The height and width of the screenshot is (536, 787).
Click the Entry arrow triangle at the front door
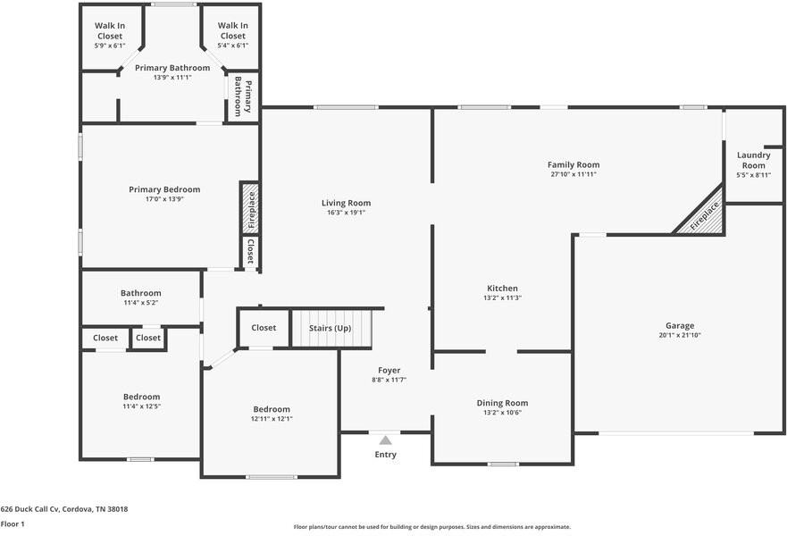pyautogui.click(x=385, y=440)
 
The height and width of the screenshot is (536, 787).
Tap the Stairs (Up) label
pyautogui.click(x=330, y=328)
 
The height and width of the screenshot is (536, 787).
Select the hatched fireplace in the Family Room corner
pyautogui.click(x=701, y=214)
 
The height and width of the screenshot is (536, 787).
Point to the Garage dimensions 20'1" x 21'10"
pyautogui.click(x=680, y=335)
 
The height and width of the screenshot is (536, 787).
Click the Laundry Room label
pyautogui.click(x=753, y=160)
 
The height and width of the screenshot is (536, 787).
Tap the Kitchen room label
pyautogui.click(x=502, y=288)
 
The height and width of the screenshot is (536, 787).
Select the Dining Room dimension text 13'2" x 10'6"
pyautogui.click(x=502, y=413)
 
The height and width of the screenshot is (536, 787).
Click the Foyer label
pyautogui.click(x=389, y=371)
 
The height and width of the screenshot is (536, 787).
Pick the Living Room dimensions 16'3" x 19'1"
pyautogui.click(x=346, y=213)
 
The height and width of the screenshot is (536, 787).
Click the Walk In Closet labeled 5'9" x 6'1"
pyautogui.click(x=110, y=30)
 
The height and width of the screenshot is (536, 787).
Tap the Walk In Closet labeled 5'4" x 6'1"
pyautogui.click(x=233, y=30)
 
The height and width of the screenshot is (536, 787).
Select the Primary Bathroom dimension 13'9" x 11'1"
pyautogui.click(x=172, y=78)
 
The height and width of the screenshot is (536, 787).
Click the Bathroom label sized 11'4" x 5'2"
pyautogui.click(x=140, y=293)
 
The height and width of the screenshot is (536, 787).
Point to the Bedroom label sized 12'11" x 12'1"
pyautogui.click(x=272, y=409)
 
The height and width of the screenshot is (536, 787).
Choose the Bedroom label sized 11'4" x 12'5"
pyautogui.click(x=141, y=397)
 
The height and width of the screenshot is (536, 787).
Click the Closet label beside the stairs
pyautogui.click(x=264, y=328)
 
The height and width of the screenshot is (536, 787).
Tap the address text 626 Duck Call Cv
pyautogui.click(x=30, y=509)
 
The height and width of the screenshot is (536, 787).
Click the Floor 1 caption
pyautogui.click(x=13, y=524)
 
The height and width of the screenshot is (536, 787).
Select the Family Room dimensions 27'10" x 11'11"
pyautogui.click(x=574, y=174)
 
